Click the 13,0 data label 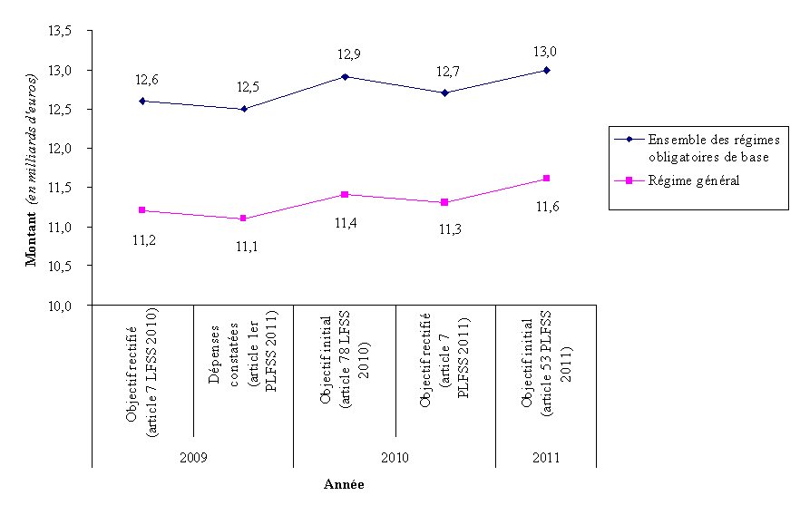(545, 51)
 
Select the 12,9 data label (345, 55)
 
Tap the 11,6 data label (545, 208)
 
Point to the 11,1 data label (244, 246)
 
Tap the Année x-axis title (344, 485)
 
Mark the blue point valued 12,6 (143, 101)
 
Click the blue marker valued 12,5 (244, 109)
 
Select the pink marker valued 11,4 (345, 194)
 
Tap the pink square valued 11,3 (445, 202)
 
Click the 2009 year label (193, 459)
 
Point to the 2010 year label (395, 459)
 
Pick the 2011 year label (545, 459)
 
